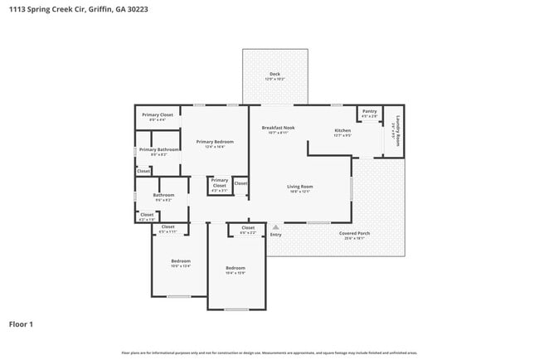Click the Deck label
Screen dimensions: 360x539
(x=274, y=75)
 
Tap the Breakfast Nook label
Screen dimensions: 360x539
(x=278, y=128)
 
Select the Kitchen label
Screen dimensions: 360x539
(x=342, y=131)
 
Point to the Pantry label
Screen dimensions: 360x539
(x=369, y=111)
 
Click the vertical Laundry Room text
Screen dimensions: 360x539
(x=398, y=130)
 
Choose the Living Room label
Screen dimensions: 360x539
(x=299, y=187)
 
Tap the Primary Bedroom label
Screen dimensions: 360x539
(x=215, y=142)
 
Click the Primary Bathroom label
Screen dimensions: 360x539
(x=158, y=149)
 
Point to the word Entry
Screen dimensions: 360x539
(x=275, y=235)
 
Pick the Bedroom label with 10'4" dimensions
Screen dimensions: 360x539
(x=236, y=268)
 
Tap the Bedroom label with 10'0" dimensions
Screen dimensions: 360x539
(x=181, y=261)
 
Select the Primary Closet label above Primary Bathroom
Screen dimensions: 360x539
(x=157, y=115)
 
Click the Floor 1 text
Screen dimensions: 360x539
(x=21, y=324)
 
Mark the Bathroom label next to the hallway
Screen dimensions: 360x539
(x=163, y=195)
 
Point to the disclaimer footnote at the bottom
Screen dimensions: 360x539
(x=269, y=353)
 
